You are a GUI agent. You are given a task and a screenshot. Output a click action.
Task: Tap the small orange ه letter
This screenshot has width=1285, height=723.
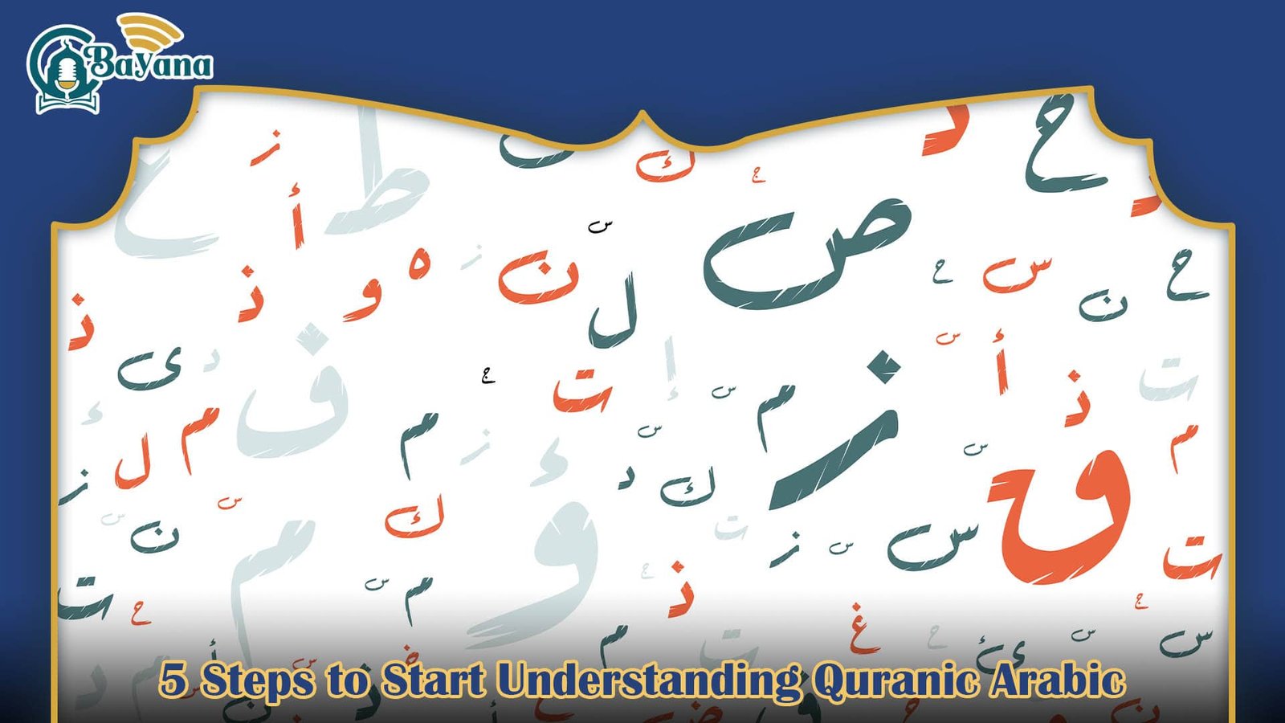419,264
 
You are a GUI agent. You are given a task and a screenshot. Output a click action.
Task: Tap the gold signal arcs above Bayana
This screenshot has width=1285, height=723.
153,32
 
